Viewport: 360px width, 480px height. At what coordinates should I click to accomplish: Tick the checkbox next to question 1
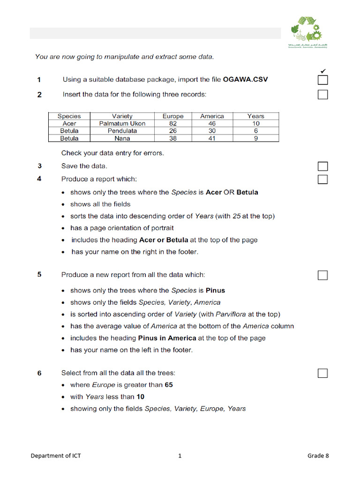pos(322,80)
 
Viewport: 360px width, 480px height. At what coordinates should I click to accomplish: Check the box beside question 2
pos(322,95)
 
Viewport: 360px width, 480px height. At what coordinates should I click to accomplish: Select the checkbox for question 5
pos(322,275)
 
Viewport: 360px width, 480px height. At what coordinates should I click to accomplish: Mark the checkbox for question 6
pos(322,373)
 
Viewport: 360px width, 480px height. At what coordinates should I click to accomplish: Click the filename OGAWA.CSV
pos(246,80)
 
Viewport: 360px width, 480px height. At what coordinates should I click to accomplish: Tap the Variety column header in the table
pos(122,116)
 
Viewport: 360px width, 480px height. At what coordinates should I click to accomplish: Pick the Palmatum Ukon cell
pos(122,124)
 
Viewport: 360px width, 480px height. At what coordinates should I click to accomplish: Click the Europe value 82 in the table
pos(173,124)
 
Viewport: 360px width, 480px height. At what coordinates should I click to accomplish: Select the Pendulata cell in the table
pos(122,131)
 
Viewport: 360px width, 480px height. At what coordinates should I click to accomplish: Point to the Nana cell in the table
pos(122,138)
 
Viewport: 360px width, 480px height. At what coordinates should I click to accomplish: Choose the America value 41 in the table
pos(212,138)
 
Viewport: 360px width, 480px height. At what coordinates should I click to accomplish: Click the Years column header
pos(256,116)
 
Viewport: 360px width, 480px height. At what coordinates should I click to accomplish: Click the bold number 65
pos(169,385)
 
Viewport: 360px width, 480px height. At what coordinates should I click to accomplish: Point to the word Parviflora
pos(231,314)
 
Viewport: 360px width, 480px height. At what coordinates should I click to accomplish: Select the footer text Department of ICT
pos(56,456)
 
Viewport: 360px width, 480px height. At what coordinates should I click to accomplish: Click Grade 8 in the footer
pos(318,456)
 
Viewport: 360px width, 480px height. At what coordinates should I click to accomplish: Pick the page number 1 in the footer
pos(180,456)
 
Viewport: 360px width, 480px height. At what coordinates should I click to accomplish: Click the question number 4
pos(39,179)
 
